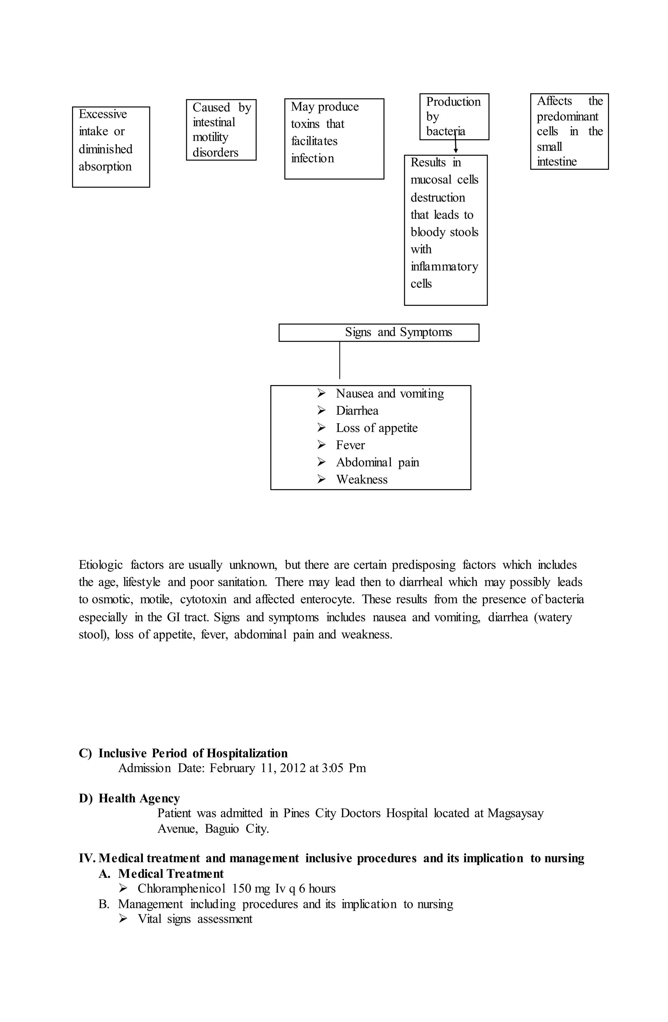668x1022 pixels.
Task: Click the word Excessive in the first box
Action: point(103,114)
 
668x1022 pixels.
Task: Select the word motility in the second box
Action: point(210,137)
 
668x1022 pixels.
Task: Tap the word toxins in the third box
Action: point(305,124)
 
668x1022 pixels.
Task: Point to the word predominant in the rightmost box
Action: point(567,117)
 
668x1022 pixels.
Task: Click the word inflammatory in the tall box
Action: point(444,267)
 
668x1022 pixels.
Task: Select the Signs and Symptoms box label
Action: point(398,333)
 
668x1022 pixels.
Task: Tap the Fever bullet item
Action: point(350,445)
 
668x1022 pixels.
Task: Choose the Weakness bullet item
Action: point(361,480)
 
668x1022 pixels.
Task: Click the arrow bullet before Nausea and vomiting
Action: point(322,393)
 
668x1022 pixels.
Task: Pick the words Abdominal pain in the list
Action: point(377,462)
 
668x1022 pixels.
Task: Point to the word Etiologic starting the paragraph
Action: point(100,565)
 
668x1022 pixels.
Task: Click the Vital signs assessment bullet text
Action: point(195,919)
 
